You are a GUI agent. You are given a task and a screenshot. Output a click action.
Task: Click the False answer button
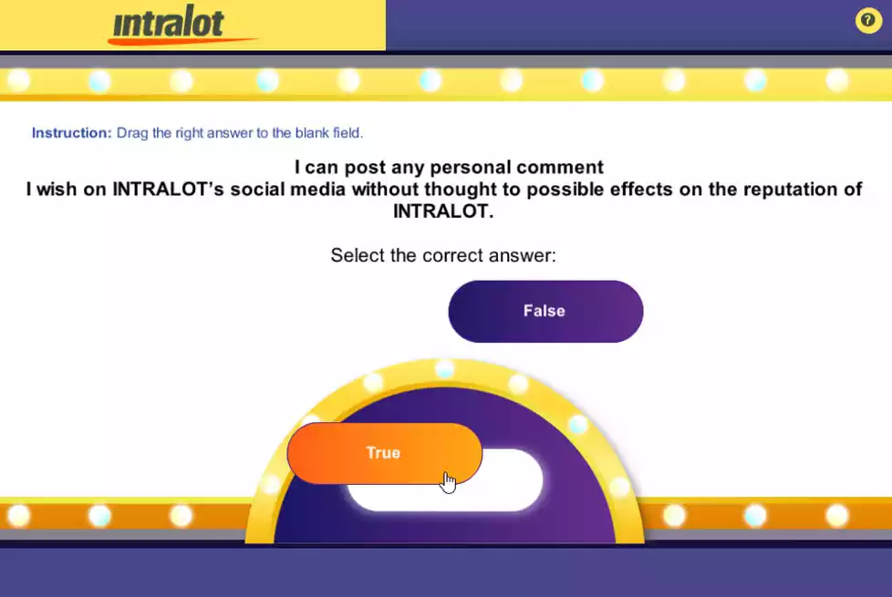(x=545, y=311)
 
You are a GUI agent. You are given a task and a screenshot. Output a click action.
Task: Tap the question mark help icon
(x=867, y=21)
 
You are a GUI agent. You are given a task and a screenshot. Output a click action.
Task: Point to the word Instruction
(x=71, y=133)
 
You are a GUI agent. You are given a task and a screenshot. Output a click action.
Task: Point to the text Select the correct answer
(x=443, y=255)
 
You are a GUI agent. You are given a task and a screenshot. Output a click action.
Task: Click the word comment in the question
(x=561, y=168)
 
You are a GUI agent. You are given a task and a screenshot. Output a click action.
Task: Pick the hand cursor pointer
(x=448, y=481)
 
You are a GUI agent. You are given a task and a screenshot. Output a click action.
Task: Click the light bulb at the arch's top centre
(x=444, y=369)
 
